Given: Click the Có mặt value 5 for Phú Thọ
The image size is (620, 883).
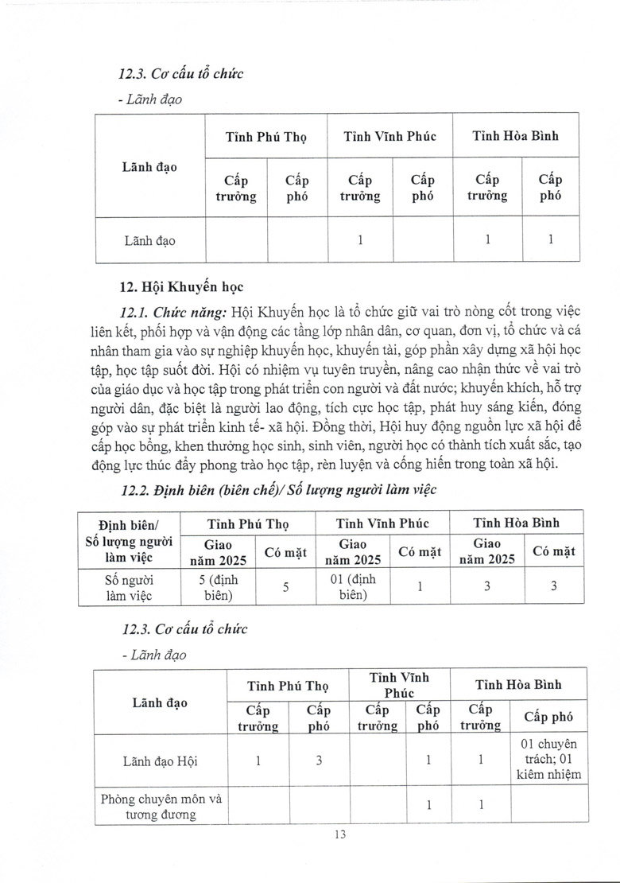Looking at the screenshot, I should pyautogui.click(x=286, y=587).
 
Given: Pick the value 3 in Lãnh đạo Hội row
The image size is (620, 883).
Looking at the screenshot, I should pyautogui.click(x=318, y=761).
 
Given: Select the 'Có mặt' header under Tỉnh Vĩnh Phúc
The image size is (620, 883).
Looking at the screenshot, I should pyautogui.click(x=420, y=551).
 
